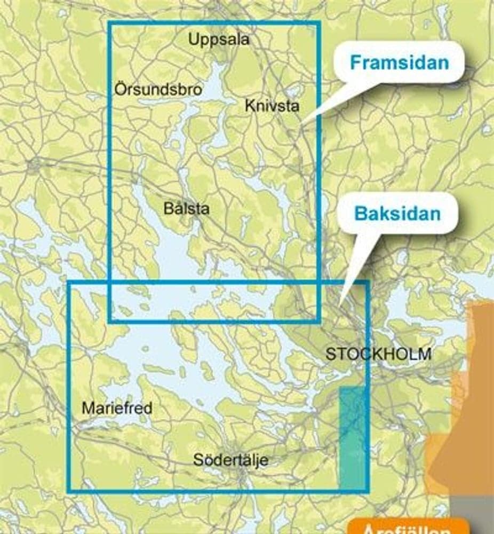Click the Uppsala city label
coord(219,39)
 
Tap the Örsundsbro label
coord(158,89)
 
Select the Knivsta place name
coord(272,105)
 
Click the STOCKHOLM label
coord(378,354)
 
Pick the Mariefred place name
coord(117,409)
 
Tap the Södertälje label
coord(230,460)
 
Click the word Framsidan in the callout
coord(399,62)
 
